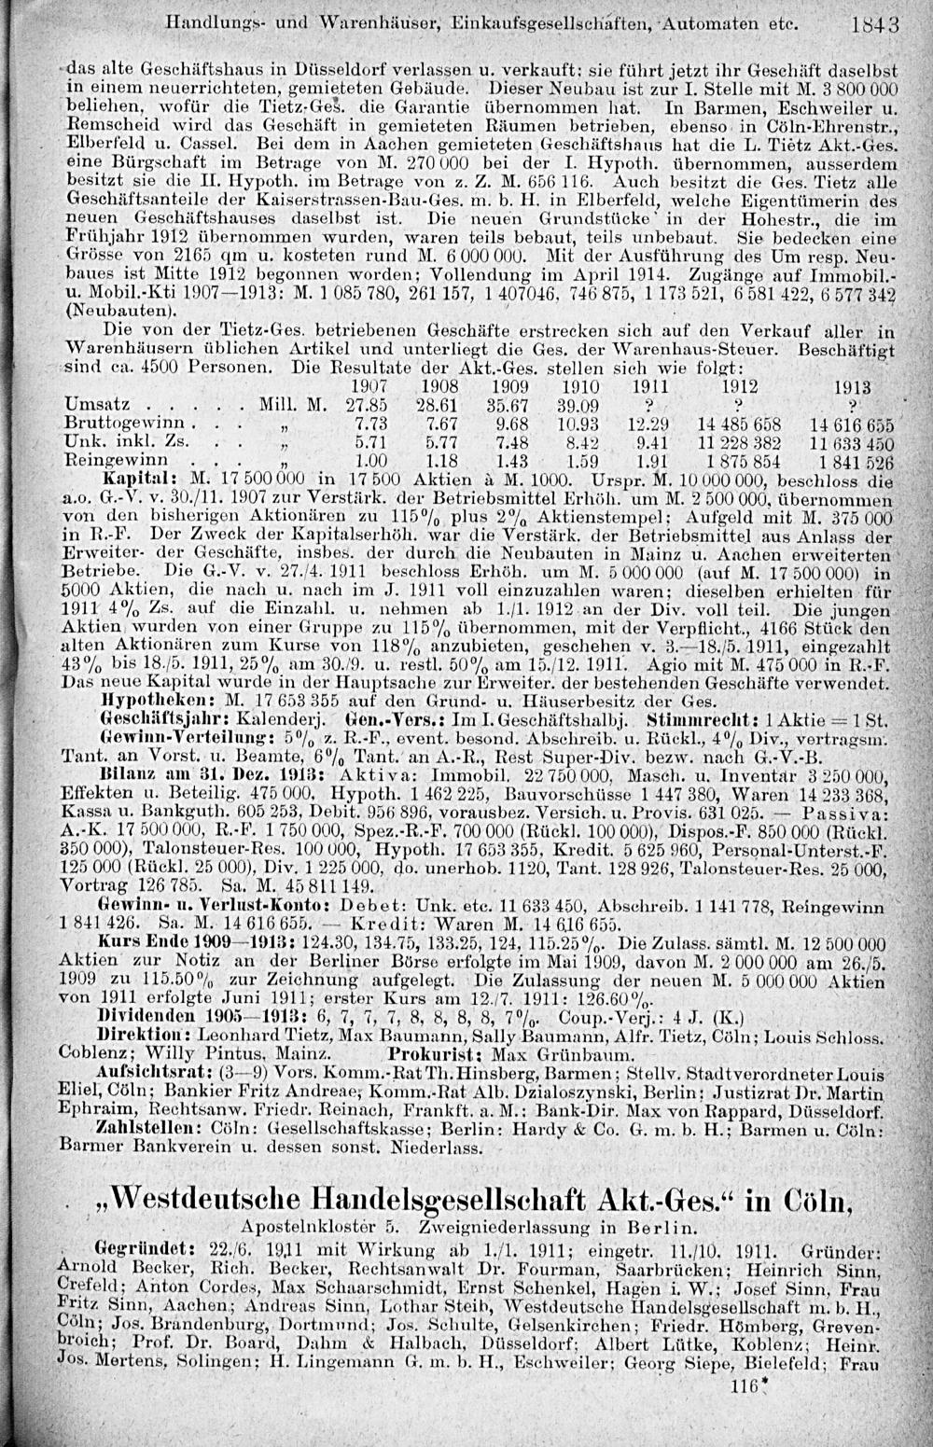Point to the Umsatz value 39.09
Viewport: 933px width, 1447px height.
(576, 405)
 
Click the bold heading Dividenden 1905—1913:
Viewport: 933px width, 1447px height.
(179, 1015)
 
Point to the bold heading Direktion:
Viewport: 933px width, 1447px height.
(140, 1034)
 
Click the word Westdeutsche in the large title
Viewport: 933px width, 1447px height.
(202, 1197)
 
